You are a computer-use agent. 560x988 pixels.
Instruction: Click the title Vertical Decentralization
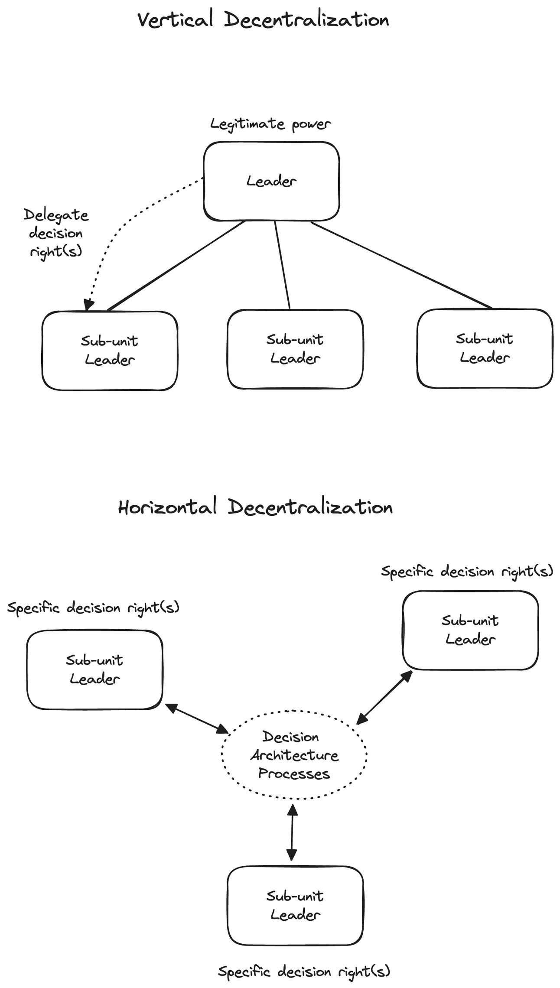263,20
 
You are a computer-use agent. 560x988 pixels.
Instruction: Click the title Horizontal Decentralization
255,507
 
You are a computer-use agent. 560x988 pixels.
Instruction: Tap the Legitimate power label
270,124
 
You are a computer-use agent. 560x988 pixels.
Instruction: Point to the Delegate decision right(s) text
55,233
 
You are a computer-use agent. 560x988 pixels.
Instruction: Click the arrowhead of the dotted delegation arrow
88,305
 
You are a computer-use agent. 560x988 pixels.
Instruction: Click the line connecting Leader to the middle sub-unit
282,265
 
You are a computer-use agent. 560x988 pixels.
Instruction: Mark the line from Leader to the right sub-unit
401,265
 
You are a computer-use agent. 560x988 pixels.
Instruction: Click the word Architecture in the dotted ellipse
294,755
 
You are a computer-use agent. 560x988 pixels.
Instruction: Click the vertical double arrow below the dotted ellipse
292,832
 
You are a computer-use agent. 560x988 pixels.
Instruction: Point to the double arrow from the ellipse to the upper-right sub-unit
384,698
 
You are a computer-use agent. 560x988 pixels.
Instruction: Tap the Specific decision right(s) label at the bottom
304,971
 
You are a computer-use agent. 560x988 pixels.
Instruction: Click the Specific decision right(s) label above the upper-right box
467,572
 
